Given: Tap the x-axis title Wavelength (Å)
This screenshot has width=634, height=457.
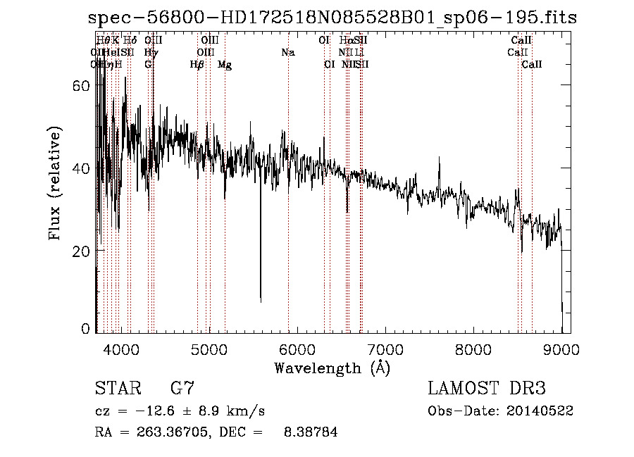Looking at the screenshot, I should click(x=332, y=367).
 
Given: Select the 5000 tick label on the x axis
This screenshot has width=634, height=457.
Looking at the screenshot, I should click(x=209, y=349).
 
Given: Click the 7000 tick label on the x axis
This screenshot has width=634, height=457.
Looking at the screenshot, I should click(x=386, y=349).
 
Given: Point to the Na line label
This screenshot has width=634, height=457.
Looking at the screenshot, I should click(x=287, y=52).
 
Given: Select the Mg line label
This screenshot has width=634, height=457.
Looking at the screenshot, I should click(x=225, y=65).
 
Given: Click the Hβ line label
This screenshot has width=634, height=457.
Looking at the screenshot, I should click(x=197, y=65).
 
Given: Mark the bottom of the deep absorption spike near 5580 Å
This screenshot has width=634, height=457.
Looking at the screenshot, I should click(x=261, y=301).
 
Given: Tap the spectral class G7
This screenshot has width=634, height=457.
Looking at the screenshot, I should click(x=182, y=389).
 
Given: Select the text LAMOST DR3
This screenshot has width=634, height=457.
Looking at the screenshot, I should click(x=486, y=389).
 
